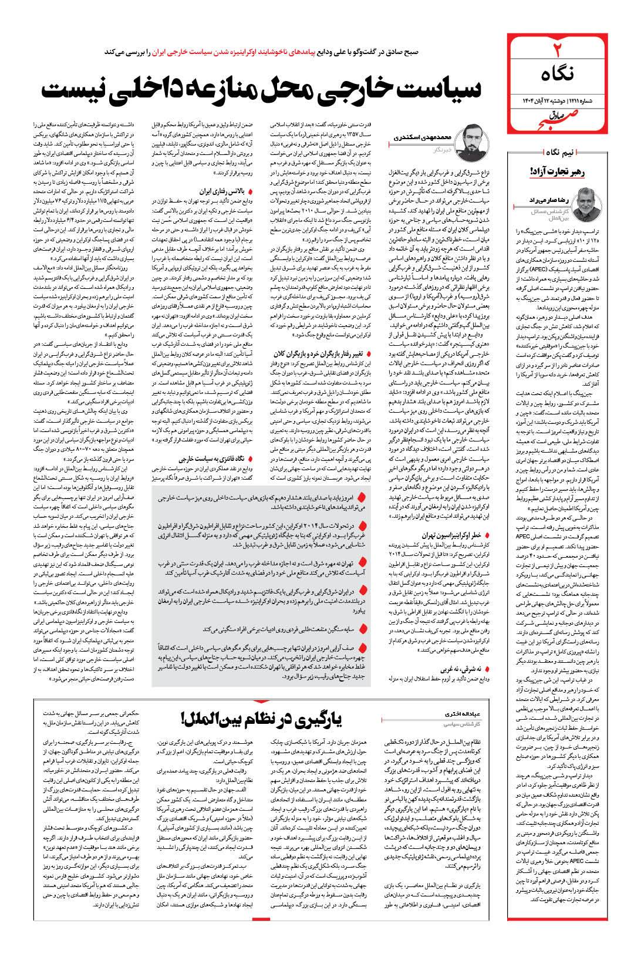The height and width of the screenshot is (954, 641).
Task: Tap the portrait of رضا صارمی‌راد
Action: point(591,199)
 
